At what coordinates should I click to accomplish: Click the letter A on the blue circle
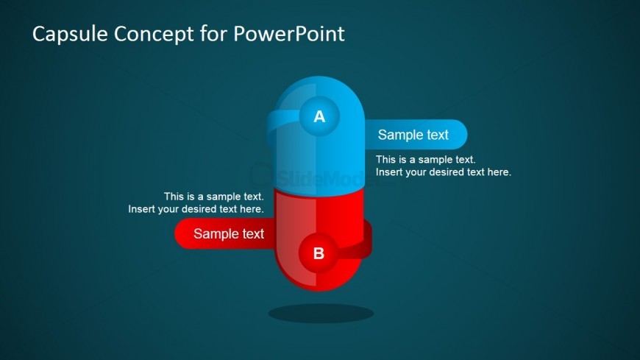[x=319, y=117]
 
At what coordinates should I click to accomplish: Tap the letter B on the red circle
[x=319, y=253]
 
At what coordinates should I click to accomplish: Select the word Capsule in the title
[x=69, y=34]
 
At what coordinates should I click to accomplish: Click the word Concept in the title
[x=154, y=35]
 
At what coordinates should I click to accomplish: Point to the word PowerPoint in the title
[x=289, y=34]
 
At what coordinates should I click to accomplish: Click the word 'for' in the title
[x=213, y=33]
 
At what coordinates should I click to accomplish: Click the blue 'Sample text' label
[x=413, y=135]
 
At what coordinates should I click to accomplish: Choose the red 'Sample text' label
[x=229, y=233]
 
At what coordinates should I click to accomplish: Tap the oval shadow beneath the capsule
[x=321, y=314]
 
